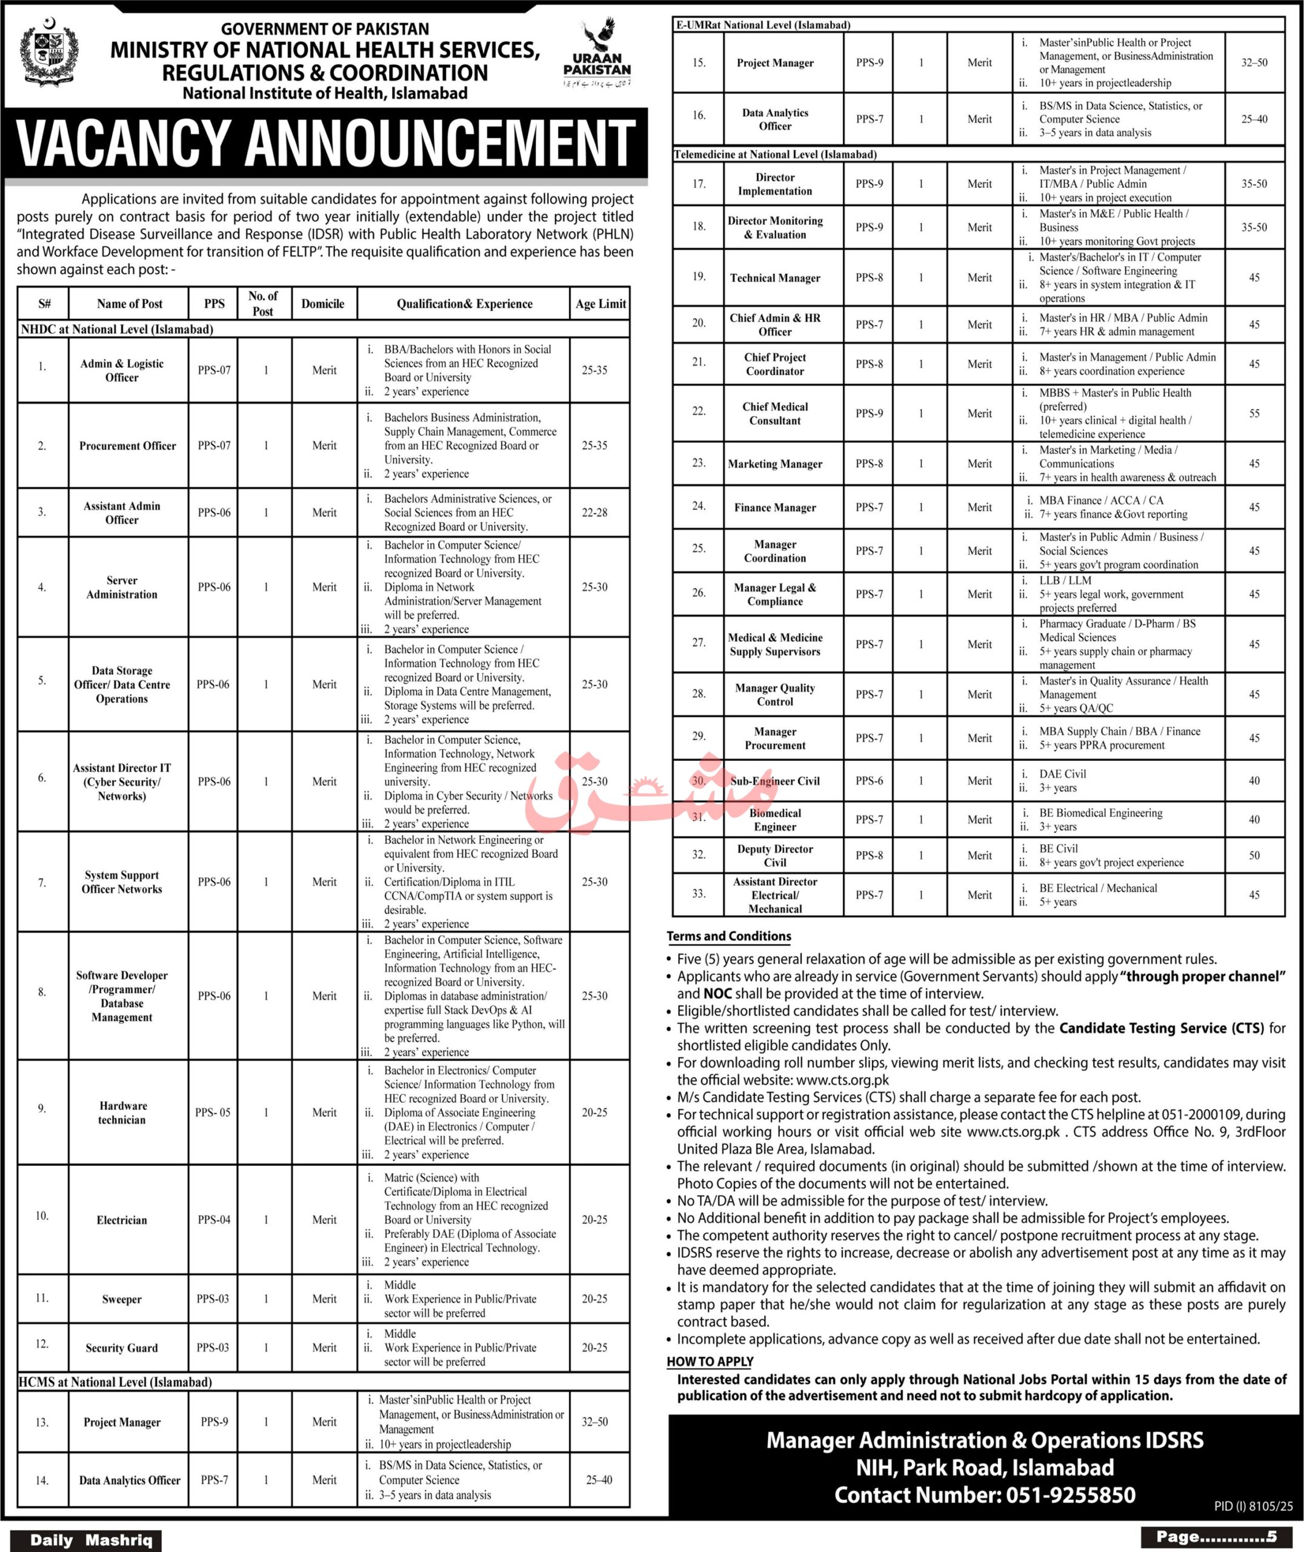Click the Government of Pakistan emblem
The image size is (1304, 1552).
[49, 56]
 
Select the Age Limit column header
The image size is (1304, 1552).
[600, 303]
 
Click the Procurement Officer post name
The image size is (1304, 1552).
[128, 446]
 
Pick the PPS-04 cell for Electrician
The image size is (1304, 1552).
[214, 1219]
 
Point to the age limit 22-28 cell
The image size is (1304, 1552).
[594, 512]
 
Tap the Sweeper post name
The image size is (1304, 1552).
[122, 1299]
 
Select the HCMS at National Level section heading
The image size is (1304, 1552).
[116, 1381]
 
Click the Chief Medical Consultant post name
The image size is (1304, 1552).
[775, 413]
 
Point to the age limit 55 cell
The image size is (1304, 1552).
[1254, 413]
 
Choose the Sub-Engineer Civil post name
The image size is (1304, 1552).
[775, 781]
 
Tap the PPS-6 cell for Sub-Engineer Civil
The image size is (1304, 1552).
[868, 781]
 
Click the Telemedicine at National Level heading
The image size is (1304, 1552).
[775, 155]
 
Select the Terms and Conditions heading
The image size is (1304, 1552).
[728, 936]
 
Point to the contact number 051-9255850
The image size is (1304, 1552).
[1069, 1495]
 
